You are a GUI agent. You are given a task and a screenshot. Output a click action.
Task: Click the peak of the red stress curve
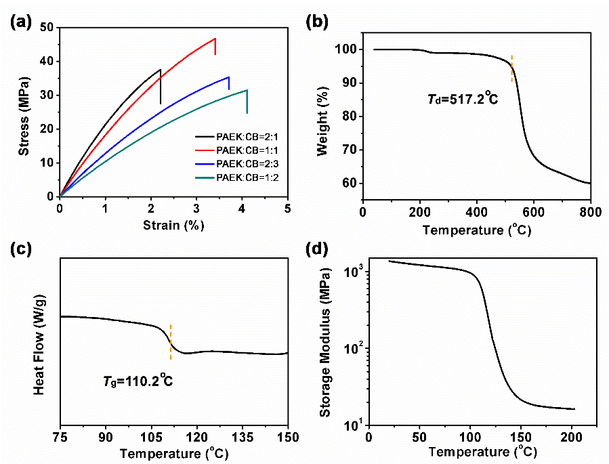point(215,39)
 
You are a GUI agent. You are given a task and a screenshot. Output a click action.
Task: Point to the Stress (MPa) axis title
point(24,112)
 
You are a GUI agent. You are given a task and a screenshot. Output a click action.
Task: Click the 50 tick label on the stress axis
point(47,28)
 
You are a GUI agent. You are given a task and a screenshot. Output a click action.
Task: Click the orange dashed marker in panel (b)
point(511,68)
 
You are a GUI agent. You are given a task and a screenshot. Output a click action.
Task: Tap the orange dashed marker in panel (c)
point(171,342)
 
